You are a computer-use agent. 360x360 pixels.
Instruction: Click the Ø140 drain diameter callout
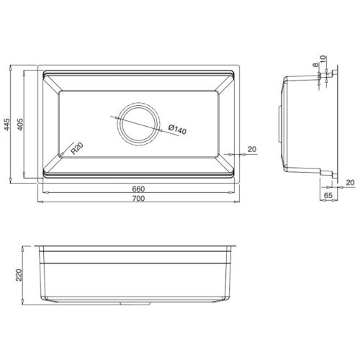[x=176, y=130]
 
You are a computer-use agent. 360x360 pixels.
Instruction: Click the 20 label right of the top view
[x=251, y=149]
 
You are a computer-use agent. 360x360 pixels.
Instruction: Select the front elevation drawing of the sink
[x=137, y=274]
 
